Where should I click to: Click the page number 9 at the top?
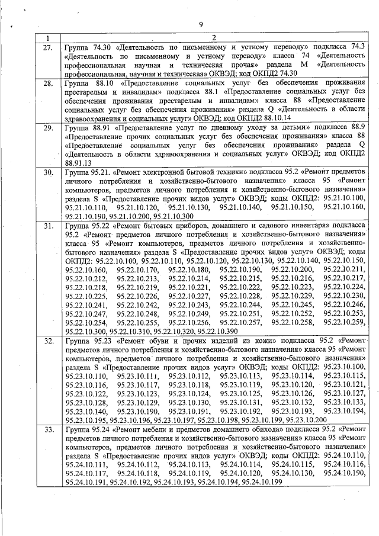point(201,24)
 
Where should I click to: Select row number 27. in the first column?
point(49,46)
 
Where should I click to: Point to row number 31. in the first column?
point(49,226)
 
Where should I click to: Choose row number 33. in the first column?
point(49,428)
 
